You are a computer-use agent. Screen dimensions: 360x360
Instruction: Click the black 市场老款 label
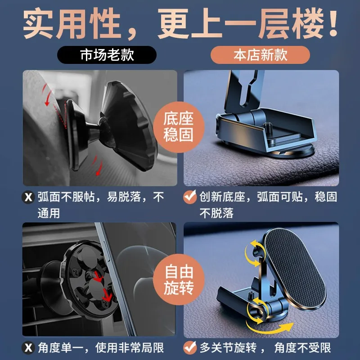pos(107,55)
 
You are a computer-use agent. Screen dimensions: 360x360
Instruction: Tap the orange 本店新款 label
pos(261,55)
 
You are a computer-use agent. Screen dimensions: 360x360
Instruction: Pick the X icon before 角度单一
pos(28,348)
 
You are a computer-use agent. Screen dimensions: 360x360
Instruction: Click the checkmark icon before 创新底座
pos(190,198)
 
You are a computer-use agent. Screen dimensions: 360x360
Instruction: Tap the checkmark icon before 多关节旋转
pos(190,348)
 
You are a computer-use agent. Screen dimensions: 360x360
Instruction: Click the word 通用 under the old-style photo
pos(49,212)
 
